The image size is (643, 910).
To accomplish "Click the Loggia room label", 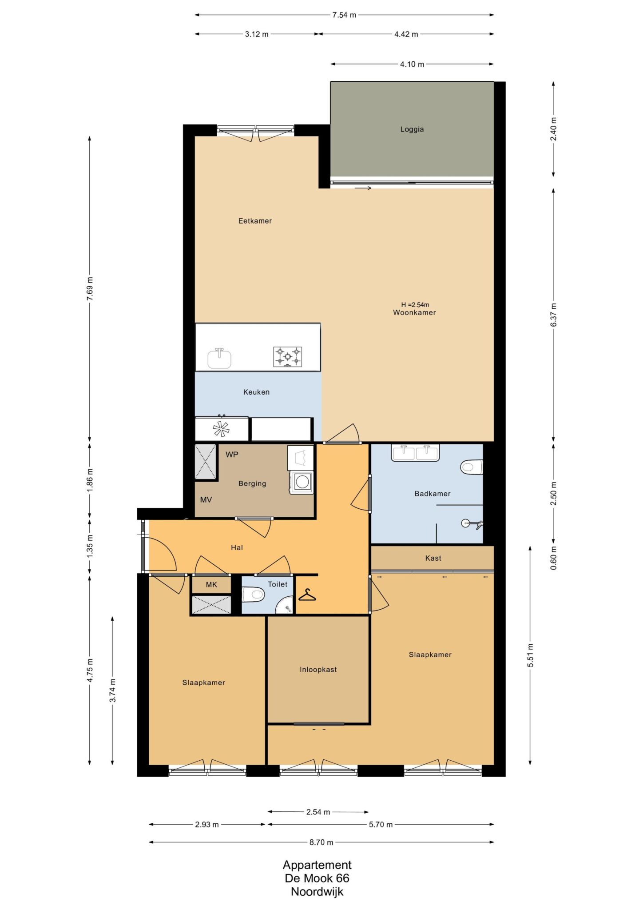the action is [x=412, y=129].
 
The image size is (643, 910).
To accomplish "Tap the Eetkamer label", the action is [x=255, y=221].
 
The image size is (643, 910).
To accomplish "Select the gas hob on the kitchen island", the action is [x=287, y=357].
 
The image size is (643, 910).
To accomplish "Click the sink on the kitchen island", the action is [x=219, y=358].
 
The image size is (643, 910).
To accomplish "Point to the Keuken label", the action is [x=256, y=392].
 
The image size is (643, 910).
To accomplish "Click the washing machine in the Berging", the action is [x=302, y=483].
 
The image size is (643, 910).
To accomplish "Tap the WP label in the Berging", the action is [x=232, y=455].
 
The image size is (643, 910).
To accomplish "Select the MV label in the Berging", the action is [x=206, y=500].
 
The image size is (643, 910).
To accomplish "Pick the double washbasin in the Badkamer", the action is [x=415, y=453].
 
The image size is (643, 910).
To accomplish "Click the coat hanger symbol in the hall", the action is [x=307, y=595].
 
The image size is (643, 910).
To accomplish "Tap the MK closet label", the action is [x=211, y=585].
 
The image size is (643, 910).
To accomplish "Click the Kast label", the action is [x=433, y=558].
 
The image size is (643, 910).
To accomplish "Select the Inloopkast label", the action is [x=318, y=670].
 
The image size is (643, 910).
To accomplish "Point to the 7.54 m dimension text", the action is [x=344, y=15].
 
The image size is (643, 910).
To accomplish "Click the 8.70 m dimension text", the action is [x=321, y=842].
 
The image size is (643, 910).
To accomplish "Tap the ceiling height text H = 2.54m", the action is [x=415, y=305].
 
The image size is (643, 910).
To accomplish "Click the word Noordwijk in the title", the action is [x=317, y=891].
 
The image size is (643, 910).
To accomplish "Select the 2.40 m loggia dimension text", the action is [x=553, y=129].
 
